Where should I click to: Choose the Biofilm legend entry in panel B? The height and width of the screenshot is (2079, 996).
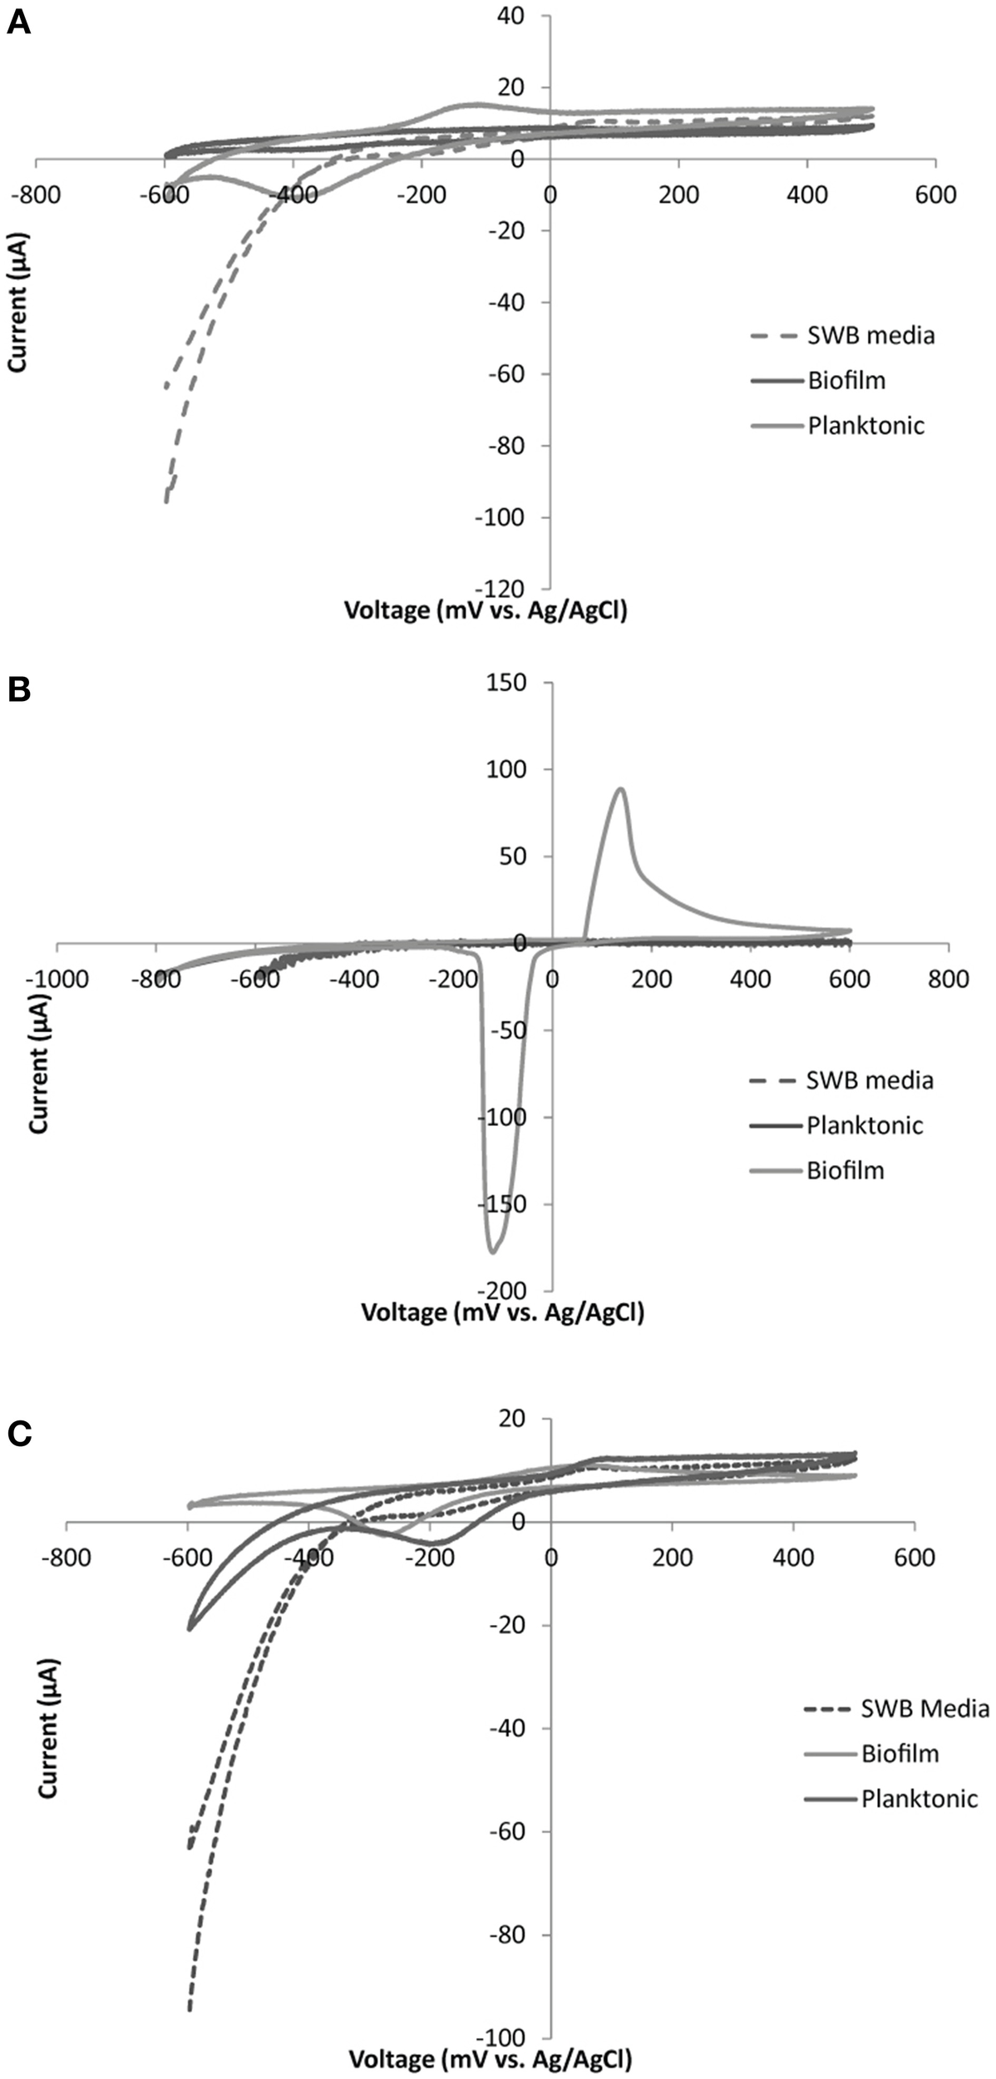click(x=845, y=1170)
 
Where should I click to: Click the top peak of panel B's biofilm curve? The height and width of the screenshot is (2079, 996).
click(x=620, y=788)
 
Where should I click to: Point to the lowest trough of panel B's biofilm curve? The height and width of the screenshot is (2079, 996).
click(x=492, y=1252)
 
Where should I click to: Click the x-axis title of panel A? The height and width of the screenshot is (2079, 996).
click(x=486, y=611)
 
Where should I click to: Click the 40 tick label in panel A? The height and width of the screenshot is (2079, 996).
click(x=524, y=15)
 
